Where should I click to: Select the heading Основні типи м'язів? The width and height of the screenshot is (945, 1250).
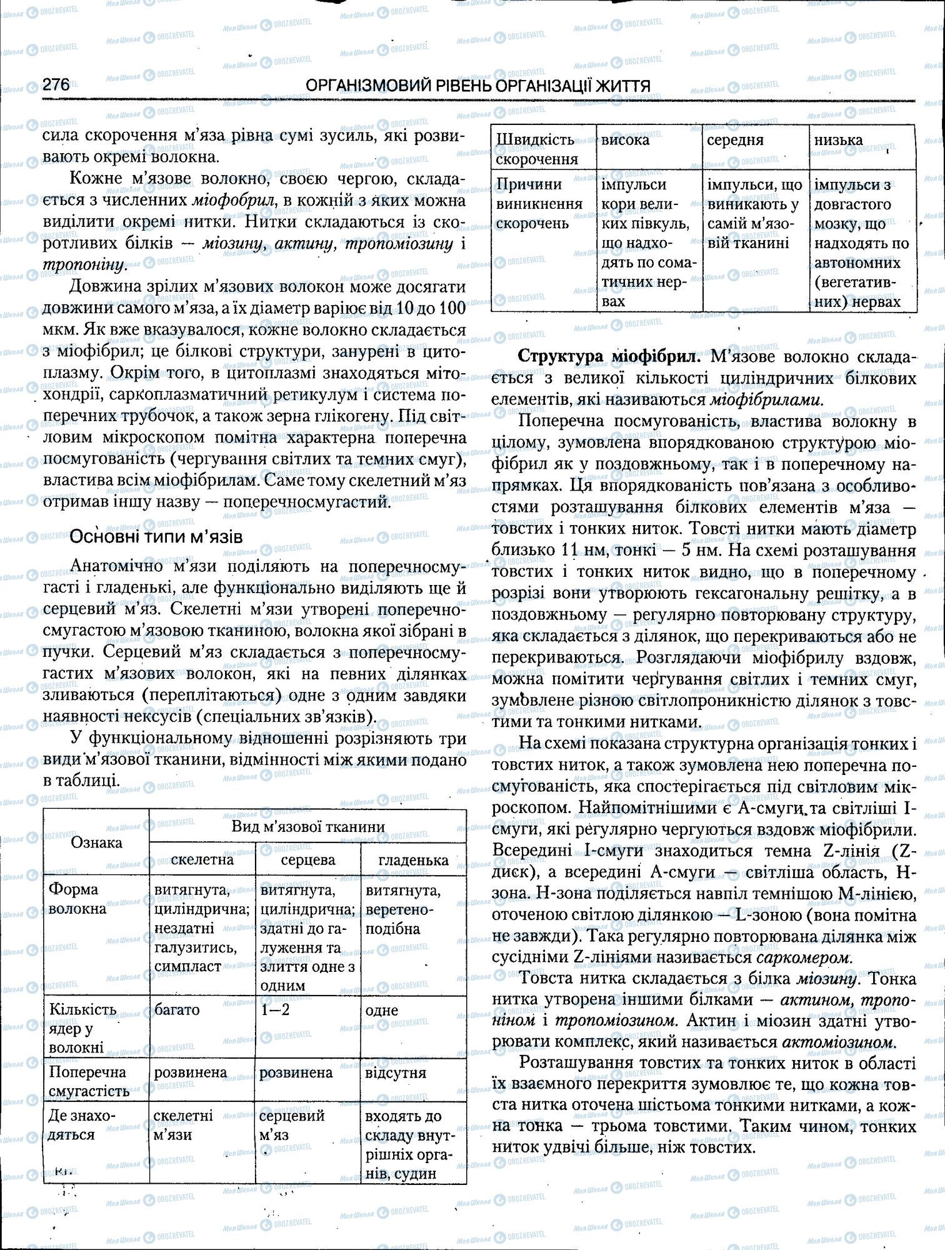[156, 536]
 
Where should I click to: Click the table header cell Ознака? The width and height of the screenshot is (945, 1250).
[96, 842]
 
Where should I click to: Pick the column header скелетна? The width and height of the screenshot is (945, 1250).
[202, 859]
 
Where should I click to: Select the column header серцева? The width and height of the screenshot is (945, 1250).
[308, 859]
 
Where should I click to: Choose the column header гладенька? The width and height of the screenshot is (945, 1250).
[413, 860]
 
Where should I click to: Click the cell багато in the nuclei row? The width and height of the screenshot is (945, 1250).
[177, 1009]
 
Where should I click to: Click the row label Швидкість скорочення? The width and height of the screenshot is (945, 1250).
[535, 149]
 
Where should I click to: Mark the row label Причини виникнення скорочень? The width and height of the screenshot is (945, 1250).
[539, 204]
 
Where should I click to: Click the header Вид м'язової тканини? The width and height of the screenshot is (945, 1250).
[308, 826]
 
